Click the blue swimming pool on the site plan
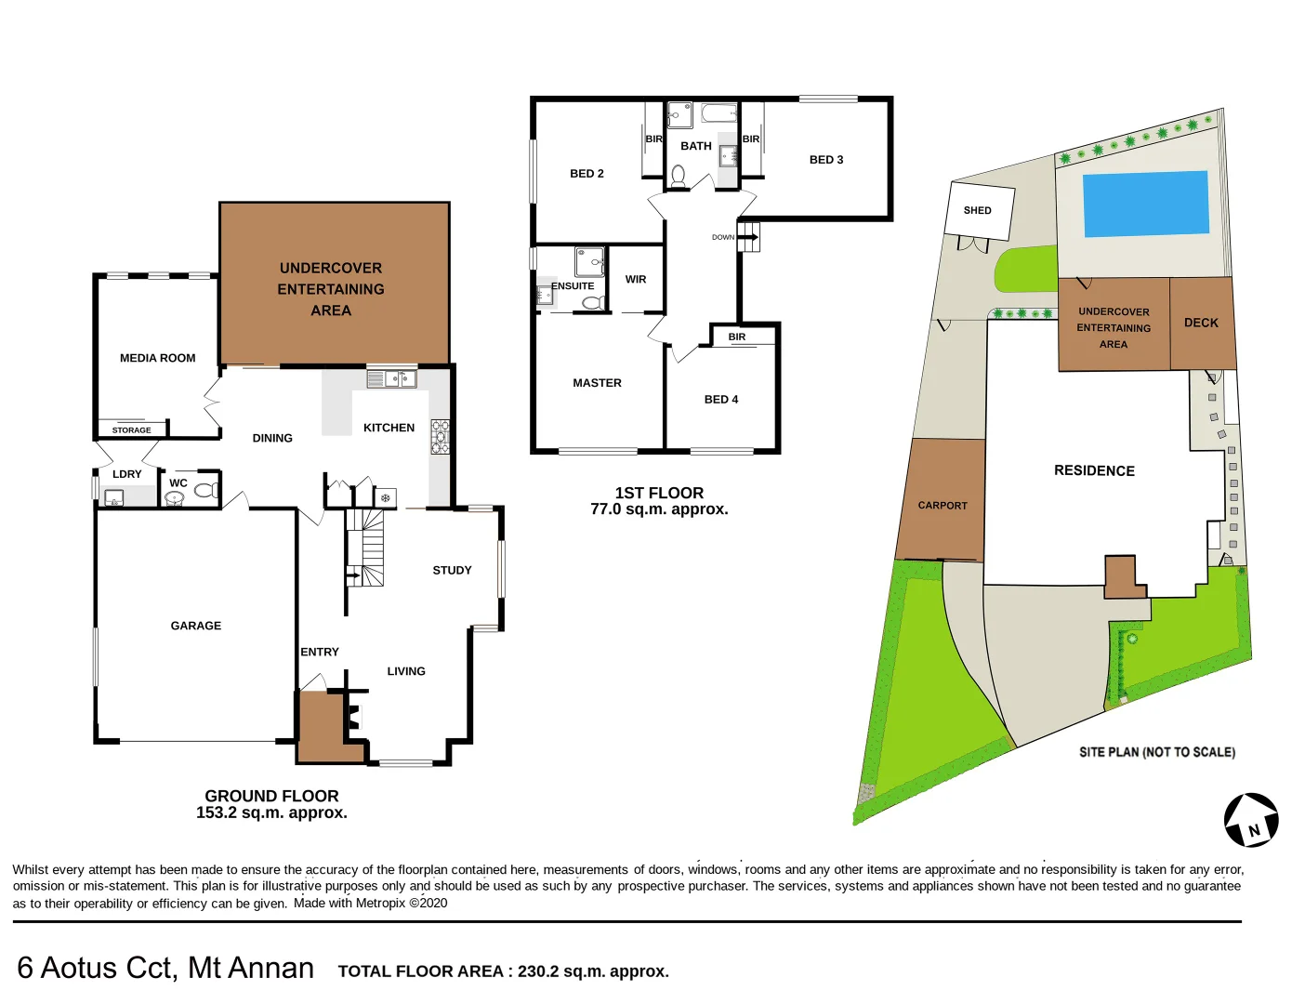pyautogui.click(x=1146, y=204)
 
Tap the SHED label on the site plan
pyautogui.click(x=977, y=210)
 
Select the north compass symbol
pyautogui.click(x=1251, y=820)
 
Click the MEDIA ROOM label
pyautogui.click(x=157, y=358)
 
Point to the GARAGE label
pyautogui.click(x=195, y=626)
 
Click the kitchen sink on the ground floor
pyautogui.click(x=391, y=378)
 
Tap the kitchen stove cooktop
pyautogui.click(x=440, y=437)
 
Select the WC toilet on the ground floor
pyautogui.click(x=204, y=490)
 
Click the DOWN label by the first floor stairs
pyautogui.click(x=722, y=237)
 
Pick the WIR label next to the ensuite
pyautogui.click(x=636, y=279)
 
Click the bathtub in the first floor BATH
pyautogui.click(x=718, y=114)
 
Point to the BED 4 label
pyautogui.click(x=720, y=400)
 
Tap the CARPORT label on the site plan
pyautogui.click(x=942, y=506)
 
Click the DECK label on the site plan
pyautogui.click(x=1201, y=323)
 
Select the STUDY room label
pyautogui.click(x=452, y=570)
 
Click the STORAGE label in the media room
pyautogui.click(x=131, y=430)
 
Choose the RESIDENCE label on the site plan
pyautogui.click(x=1094, y=470)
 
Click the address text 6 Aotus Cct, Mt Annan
pyautogui.click(x=165, y=968)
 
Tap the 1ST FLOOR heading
pyautogui.click(x=659, y=493)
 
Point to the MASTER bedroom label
pyautogui.click(x=597, y=383)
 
